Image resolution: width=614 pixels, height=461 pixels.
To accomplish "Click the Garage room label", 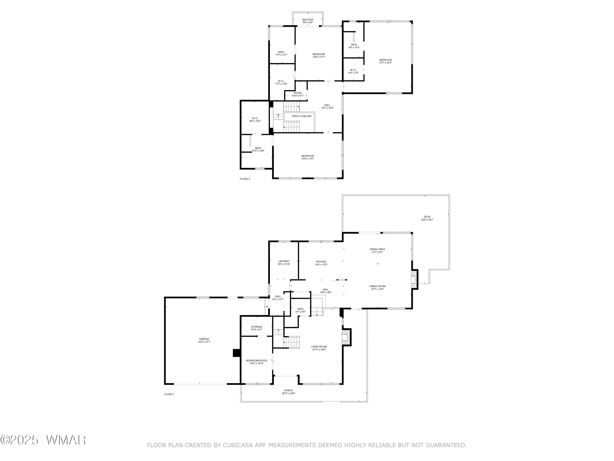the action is [x=204, y=340].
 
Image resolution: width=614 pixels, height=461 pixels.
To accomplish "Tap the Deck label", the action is [x=427, y=218].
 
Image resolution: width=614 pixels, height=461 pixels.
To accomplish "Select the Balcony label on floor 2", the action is [x=308, y=21].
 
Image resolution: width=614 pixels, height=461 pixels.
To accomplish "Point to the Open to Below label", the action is [x=301, y=116].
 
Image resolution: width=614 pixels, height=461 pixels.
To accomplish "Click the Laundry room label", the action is [x=284, y=263].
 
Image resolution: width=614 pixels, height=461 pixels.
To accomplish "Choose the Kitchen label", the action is [x=321, y=263].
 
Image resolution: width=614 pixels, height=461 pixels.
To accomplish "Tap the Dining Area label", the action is [x=377, y=251].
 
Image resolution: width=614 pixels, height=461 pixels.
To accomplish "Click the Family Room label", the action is [x=377, y=288].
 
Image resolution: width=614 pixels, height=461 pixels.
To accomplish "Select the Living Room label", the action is [x=319, y=348].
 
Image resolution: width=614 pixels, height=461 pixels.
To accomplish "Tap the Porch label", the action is [x=288, y=392].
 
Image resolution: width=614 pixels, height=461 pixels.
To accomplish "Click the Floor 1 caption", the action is [x=169, y=394].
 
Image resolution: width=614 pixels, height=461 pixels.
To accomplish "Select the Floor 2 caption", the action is [x=245, y=179].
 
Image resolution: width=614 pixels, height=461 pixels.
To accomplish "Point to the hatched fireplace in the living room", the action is [x=346, y=337].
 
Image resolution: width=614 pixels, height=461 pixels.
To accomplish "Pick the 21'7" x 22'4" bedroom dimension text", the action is [x=386, y=63].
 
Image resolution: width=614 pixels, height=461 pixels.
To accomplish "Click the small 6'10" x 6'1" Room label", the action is [x=298, y=94].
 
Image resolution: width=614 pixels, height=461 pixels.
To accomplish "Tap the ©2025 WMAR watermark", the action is [x=43, y=440].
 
